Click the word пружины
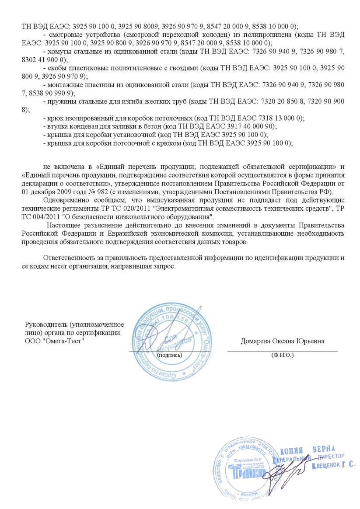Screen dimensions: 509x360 tap(62, 101)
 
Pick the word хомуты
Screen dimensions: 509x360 tap(61, 51)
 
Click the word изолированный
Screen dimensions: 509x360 tap(88, 118)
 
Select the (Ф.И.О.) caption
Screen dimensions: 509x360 tap(283, 355)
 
